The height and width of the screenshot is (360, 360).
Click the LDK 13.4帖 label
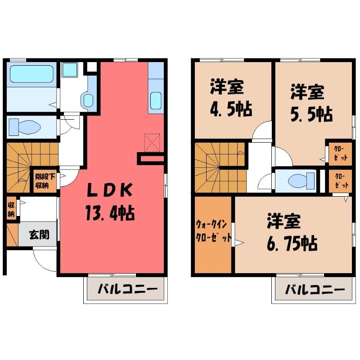(110, 202)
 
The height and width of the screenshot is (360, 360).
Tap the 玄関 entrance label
(39, 234)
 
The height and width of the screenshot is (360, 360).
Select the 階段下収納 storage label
(45, 181)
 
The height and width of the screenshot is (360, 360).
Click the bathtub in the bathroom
(31, 74)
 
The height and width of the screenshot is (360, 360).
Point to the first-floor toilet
(24, 127)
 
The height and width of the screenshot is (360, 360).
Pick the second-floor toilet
(301, 181)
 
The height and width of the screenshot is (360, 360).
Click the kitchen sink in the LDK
(156, 101)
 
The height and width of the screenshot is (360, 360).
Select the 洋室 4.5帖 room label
(230, 98)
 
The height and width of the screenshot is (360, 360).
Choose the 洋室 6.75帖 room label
(292, 232)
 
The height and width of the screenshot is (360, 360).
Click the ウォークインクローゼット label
(213, 230)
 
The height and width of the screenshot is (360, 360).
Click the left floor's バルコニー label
(128, 289)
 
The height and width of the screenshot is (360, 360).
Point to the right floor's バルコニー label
(315, 289)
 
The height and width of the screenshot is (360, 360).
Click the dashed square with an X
(152, 143)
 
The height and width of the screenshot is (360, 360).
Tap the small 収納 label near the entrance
(11, 209)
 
